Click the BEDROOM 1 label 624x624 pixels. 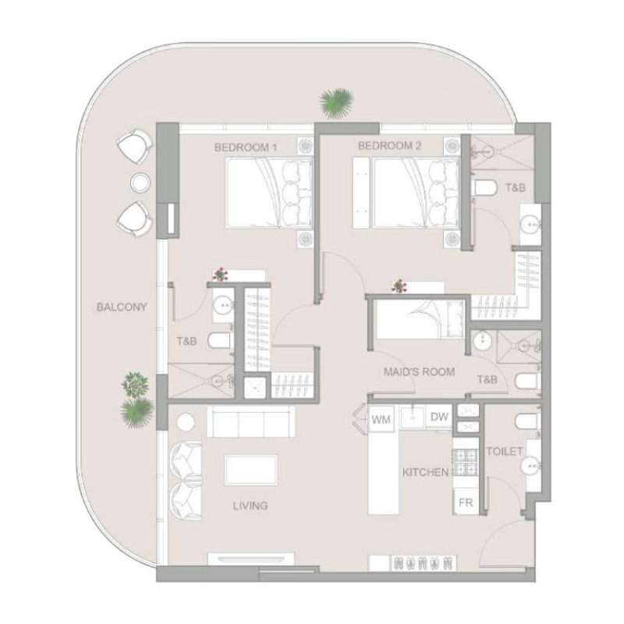pos(246,146)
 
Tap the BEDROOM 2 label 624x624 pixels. pos(389,146)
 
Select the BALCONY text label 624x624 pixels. pos(122,307)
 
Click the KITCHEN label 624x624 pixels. pos(425,472)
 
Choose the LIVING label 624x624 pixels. pos(250,505)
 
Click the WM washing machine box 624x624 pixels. pos(381,420)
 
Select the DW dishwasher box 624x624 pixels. pos(439,417)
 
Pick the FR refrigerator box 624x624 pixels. pos(466,502)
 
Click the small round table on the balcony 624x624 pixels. pos(140,183)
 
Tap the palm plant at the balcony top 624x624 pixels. pos(337,101)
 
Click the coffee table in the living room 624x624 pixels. pos(249,471)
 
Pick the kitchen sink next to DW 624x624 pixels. pos(413,417)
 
